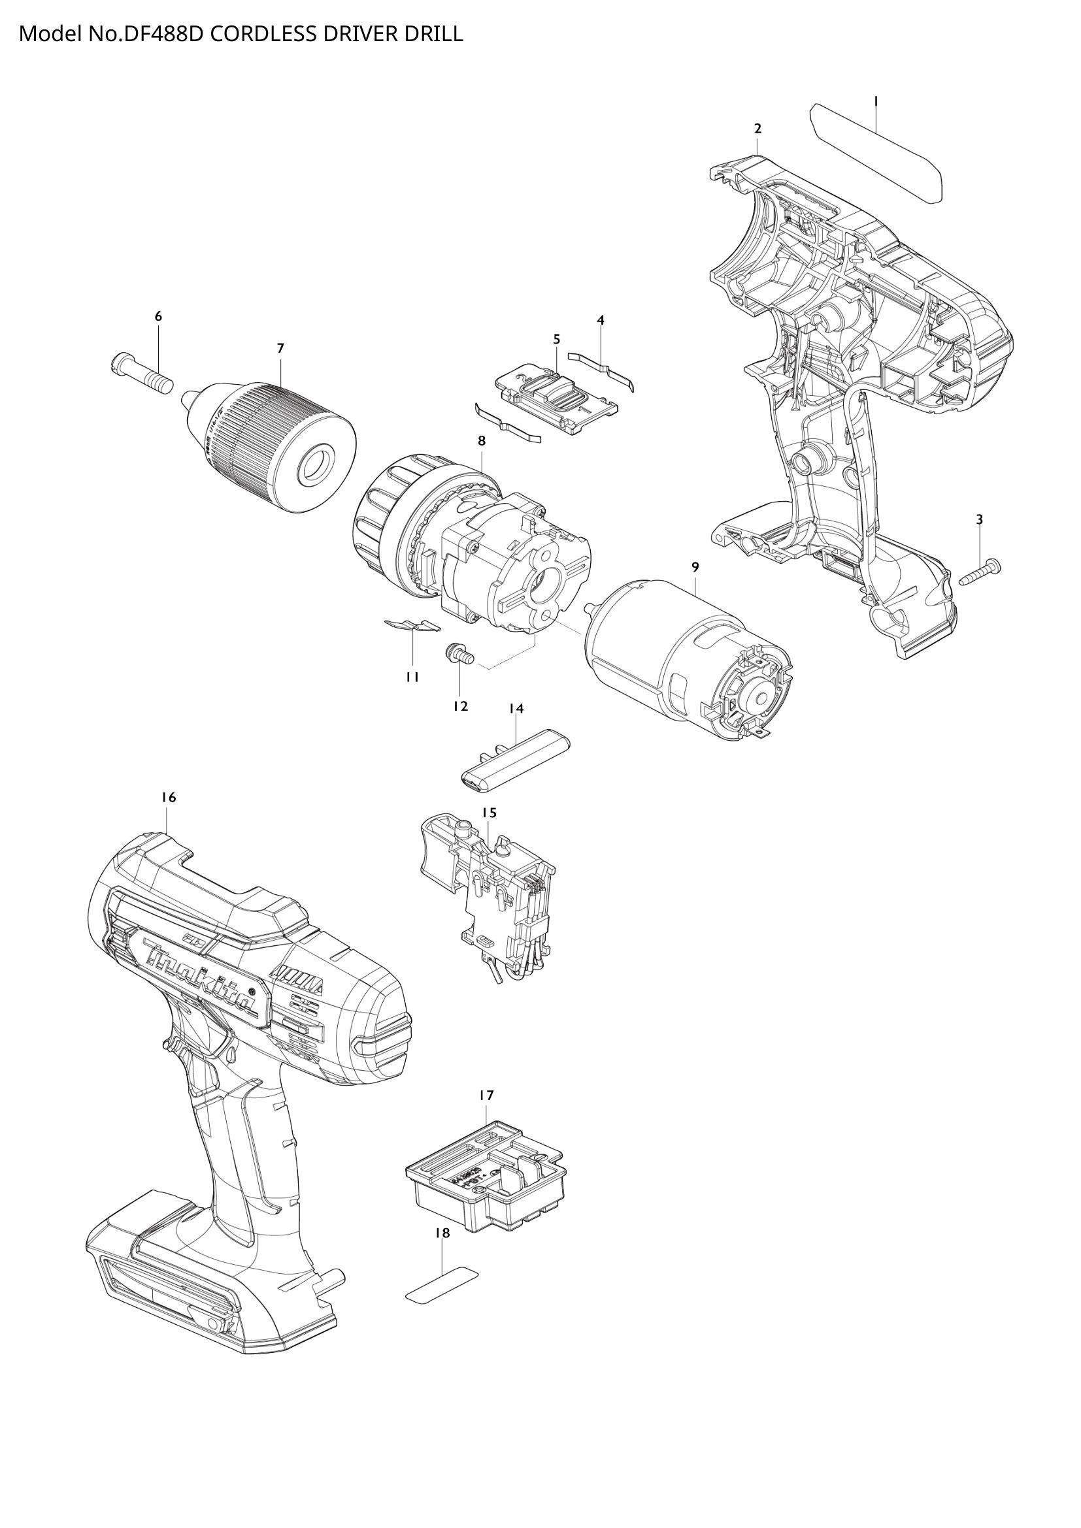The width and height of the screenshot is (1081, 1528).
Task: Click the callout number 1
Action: pyautogui.click(x=876, y=101)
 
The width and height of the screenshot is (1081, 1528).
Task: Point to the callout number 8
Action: pyautogui.click(x=481, y=440)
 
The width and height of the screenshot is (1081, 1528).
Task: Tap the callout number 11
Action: pyautogui.click(x=412, y=677)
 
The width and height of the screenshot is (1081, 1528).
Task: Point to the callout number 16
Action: pyautogui.click(x=169, y=797)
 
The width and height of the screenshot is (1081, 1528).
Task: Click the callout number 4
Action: pyautogui.click(x=601, y=320)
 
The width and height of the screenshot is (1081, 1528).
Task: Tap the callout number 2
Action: pyautogui.click(x=757, y=129)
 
